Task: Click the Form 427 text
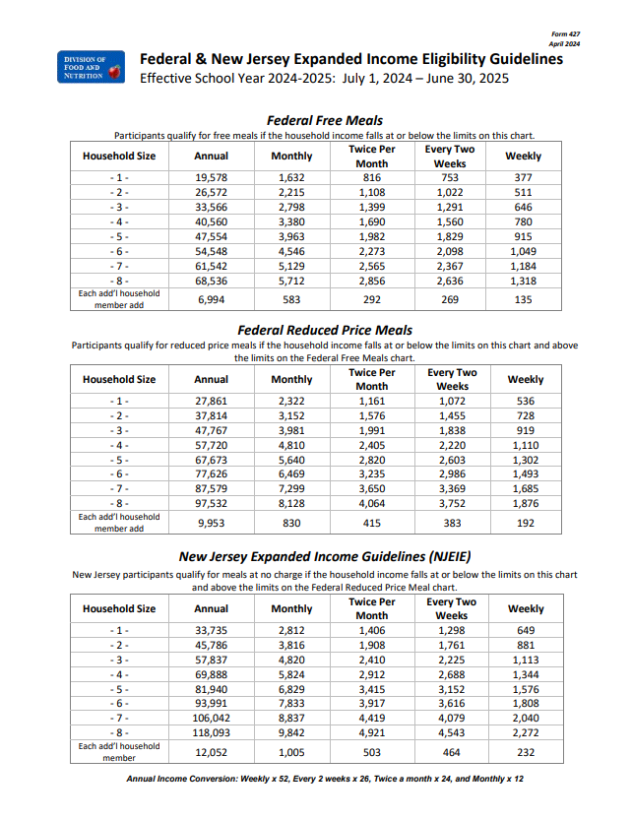coord(565,34)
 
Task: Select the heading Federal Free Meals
coord(325,120)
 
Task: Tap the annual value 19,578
coord(212,177)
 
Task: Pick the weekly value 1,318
coord(523,281)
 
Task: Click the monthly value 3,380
coord(291,221)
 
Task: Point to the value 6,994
coord(212,299)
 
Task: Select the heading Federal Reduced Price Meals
coord(325,330)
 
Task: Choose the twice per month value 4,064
coord(372,504)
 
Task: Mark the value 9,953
coord(212,523)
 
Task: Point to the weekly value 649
coord(526,630)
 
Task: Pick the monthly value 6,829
coord(291,689)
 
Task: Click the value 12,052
coord(212,752)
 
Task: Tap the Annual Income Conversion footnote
coord(325,779)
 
